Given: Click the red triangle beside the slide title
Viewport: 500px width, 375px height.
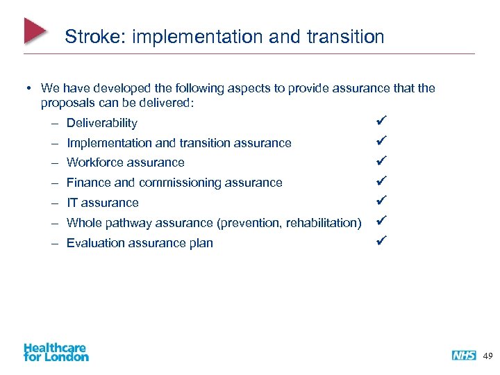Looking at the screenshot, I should (x=34, y=31).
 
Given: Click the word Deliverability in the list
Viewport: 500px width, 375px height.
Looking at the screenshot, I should (x=102, y=123).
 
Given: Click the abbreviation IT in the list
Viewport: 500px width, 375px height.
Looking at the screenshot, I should (x=72, y=203).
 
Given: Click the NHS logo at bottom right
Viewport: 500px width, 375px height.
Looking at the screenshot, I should (x=464, y=356).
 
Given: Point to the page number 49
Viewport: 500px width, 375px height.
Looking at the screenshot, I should (x=487, y=356).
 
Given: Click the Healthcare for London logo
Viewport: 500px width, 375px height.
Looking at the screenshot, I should (x=56, y=352).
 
